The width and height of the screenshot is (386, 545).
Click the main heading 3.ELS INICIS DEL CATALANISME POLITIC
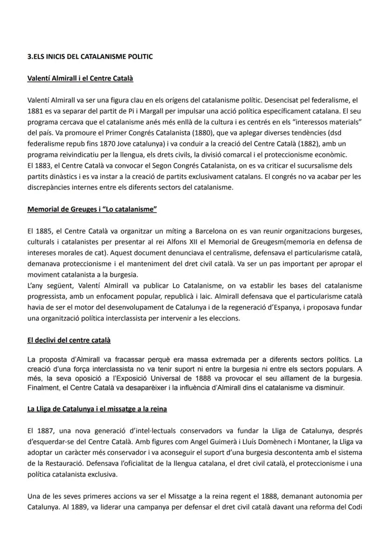click(90, 57)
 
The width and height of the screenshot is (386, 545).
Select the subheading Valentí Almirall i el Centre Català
click(80, 78)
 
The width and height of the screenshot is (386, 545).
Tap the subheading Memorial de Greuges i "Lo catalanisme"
click(92, 209)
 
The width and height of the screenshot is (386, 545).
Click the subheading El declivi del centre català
click(69, 340)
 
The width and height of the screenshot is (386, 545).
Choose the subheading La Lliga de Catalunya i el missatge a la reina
click(97, 409)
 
